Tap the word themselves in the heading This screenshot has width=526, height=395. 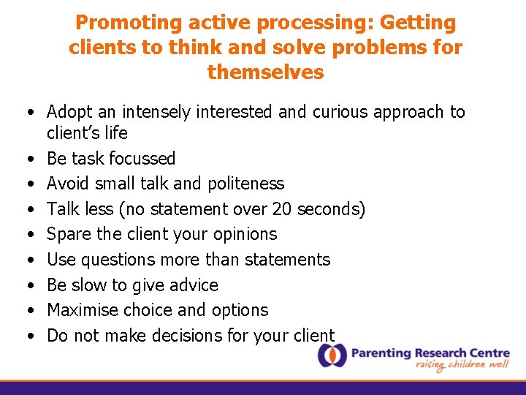266,72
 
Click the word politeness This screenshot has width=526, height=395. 246,184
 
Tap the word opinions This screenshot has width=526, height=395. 245,235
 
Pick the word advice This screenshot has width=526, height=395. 194,285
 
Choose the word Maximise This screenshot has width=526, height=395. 83,310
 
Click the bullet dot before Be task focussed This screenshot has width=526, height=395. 31,159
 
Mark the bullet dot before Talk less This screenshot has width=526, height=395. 31,209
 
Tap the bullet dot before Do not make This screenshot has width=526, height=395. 31,336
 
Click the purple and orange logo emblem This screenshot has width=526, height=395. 332,355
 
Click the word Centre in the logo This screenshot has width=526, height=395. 489,353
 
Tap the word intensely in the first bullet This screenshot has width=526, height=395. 156,112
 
